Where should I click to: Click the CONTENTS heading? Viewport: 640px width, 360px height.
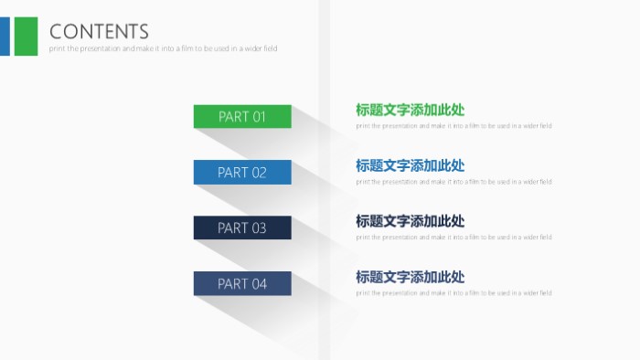pos(99,32)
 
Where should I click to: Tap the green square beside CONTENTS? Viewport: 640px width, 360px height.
pos(27,36)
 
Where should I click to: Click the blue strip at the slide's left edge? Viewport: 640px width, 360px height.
pos(5,36)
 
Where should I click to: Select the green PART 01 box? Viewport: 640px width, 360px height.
pos(242,116)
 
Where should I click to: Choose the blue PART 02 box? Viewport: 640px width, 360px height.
pos(242,172)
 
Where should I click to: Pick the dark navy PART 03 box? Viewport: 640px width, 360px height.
pos(242,228)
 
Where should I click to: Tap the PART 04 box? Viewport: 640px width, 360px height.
pos(242,283)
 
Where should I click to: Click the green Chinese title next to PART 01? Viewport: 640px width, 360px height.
pos(410,110)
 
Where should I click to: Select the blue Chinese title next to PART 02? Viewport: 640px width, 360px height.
pos(410,165)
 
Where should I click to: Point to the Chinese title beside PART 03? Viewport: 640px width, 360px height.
pos(410,221)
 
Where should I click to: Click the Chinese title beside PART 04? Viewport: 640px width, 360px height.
pos(410,277)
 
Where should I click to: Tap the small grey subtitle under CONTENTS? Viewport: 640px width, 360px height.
pos(163,48)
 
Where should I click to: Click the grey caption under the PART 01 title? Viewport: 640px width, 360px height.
pos(453,126)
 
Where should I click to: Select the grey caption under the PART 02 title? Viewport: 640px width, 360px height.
pos(453,182)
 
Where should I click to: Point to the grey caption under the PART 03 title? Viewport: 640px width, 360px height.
pos(453,238)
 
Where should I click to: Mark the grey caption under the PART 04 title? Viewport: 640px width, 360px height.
pos(453,293)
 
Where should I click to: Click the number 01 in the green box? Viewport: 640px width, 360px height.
pos(259,117)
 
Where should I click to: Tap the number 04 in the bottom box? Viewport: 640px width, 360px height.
pos(259,284)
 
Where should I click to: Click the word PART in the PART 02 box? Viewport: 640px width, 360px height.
pos(233,173)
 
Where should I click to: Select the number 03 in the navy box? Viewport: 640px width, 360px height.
pos(259,228)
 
